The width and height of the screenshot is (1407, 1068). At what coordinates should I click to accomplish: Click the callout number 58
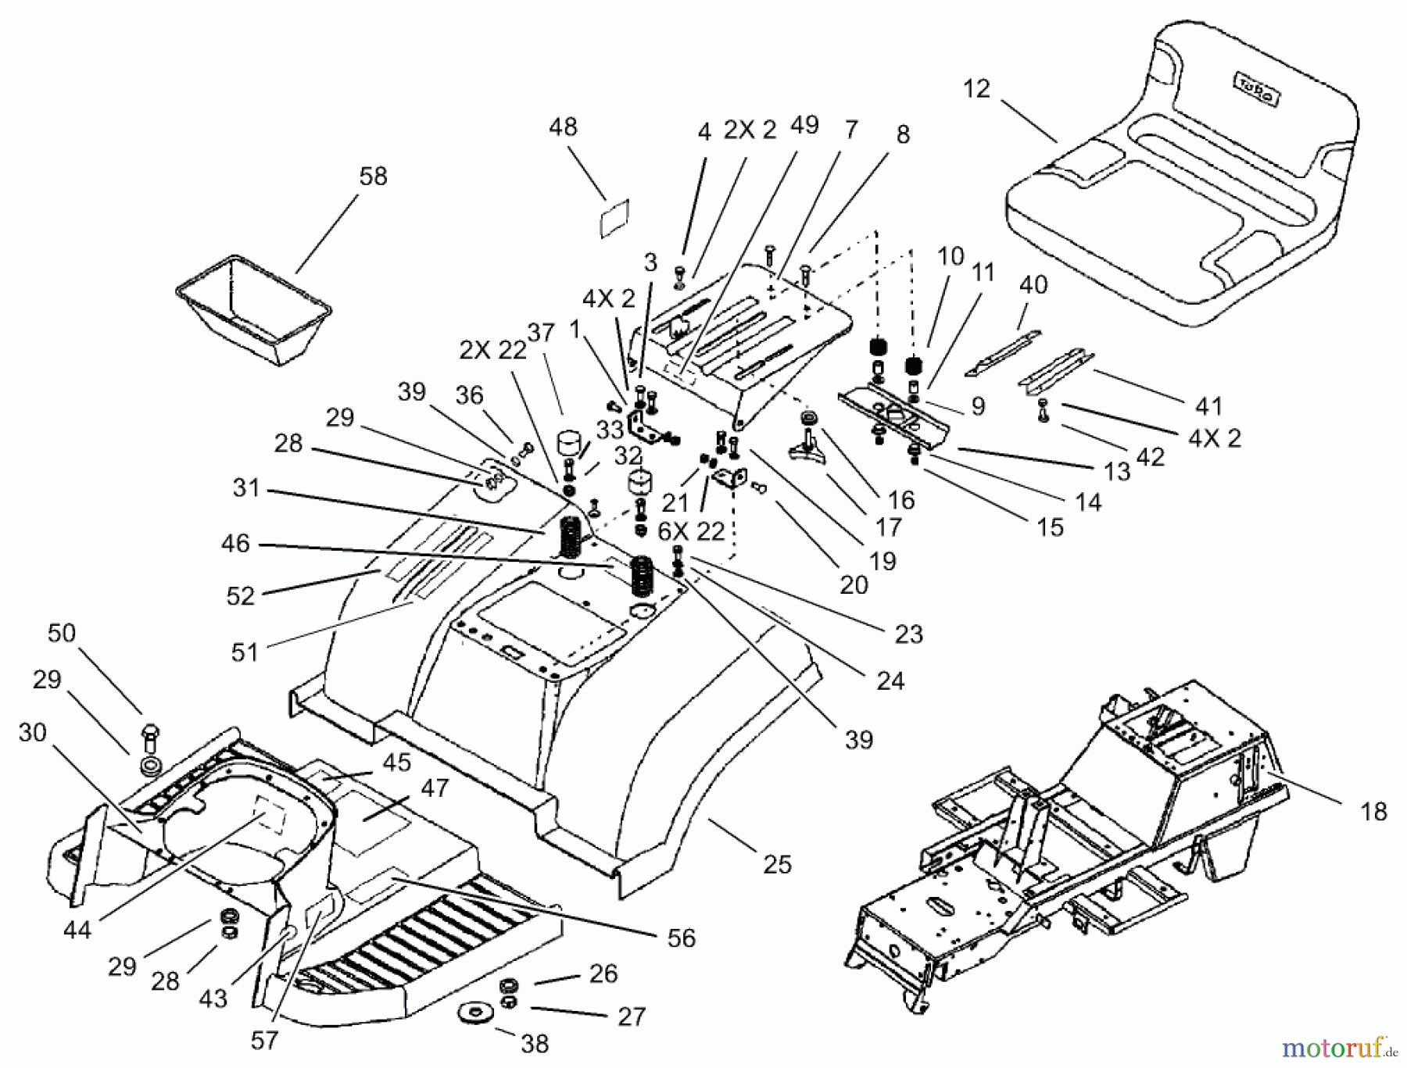[373, 177]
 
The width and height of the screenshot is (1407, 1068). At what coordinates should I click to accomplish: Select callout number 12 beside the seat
[976, 89]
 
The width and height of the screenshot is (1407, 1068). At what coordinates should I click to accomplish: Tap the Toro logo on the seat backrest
[1256, 90]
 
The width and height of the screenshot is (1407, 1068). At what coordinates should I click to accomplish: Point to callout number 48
[563, 127]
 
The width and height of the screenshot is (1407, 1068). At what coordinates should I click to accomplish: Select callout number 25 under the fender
[777, 864]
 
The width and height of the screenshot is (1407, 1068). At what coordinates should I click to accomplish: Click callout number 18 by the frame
[1373, 812]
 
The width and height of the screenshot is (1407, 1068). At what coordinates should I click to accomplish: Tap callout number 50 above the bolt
[62, 633]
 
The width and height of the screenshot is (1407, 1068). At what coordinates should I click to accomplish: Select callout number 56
[681, 938]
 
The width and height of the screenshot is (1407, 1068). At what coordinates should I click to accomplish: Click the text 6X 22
[691, 532]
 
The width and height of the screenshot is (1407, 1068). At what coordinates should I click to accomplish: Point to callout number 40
[1033, 284]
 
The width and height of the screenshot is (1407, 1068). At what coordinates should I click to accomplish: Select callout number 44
[77, 930]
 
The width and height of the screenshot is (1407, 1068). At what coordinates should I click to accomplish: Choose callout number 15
[1050, 527]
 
